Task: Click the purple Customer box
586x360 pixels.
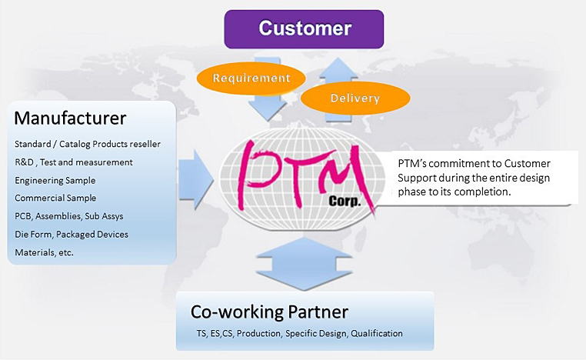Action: [x=305, y=29]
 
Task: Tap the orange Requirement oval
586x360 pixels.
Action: [x=251, y=78]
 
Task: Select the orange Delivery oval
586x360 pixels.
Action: [x=355, y=98]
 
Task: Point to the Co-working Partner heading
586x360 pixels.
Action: [x=269, y=312]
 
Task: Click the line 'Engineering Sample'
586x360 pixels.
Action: [x=55, y=180]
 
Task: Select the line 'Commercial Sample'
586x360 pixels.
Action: [x=55, y=198]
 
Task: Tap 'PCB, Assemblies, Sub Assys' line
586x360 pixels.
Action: [x=69, y=216]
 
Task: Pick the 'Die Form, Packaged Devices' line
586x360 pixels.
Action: [x=72, y=234]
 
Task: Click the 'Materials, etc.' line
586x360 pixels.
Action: [x=44, y=252]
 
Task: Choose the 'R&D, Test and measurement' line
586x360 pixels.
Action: [x=74, y=162]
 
